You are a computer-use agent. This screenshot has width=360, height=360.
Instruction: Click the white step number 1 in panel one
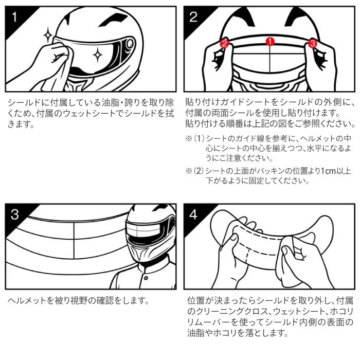click(14, 17)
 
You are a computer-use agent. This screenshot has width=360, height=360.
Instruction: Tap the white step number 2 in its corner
click(193, 17)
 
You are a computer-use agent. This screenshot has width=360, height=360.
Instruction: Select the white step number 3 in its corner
click(14, 214)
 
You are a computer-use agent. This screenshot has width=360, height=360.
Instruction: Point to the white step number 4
click(193, 214)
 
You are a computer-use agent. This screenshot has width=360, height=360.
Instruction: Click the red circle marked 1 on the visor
click(270, 42)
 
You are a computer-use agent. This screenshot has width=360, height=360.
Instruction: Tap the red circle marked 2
click(224, 43)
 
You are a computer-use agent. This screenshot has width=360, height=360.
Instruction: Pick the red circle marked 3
click(312, 43)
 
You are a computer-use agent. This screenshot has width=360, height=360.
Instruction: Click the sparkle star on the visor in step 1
click(98, 55)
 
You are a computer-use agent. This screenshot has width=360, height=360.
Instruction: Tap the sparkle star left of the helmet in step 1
click(48, 35)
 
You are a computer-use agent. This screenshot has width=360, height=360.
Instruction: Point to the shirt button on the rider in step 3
click(146, 278)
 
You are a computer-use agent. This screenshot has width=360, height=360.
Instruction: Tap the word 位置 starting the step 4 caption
click(195, 300)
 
